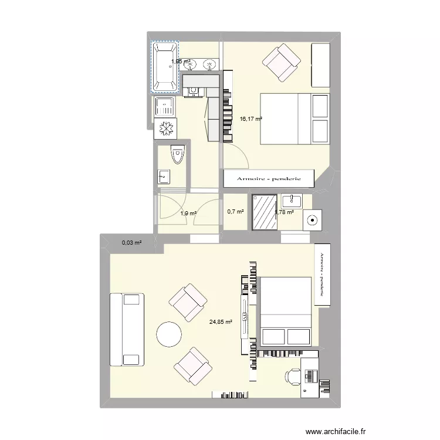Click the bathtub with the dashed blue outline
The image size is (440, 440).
[x=165, y=67]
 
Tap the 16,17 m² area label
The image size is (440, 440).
[x=251, y=119]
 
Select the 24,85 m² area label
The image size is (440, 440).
[x=221, y=321]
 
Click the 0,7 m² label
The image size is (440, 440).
[x=236, y=212]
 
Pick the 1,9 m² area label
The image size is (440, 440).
[x=188, y=214]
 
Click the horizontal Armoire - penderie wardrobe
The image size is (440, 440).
[x=269, y=178]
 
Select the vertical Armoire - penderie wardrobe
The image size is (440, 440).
[x=322, y=275]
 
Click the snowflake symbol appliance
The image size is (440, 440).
[x=165, y=128]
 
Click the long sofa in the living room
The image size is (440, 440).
[x=126, y=329]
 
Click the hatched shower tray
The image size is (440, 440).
[x=265, y=212]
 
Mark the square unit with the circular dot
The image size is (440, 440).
[x=313, y=221]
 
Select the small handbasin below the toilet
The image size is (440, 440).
[x=164, y=176]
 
